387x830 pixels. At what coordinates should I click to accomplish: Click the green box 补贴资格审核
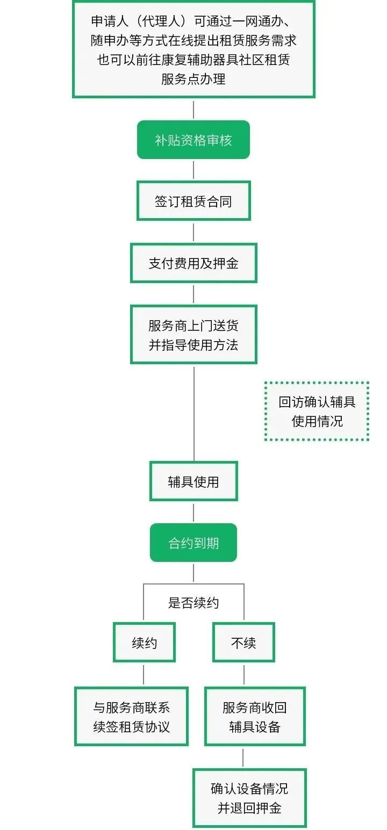(193, 140)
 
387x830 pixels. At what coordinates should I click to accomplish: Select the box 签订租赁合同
(193, 201)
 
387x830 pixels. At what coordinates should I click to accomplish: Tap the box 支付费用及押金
(193, 263)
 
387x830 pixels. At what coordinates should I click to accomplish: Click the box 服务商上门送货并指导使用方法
(193, 335)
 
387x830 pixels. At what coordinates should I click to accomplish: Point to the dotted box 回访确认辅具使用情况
(317, 412)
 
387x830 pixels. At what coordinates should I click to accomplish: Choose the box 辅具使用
(193, 481)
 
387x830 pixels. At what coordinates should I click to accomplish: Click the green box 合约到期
(193, 543)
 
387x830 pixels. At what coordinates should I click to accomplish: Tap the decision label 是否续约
(193, 603)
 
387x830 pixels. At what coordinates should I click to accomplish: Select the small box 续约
(144, 642)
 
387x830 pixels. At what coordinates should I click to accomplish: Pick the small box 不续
(243, 642)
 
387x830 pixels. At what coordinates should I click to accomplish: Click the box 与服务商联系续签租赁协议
(131, 717)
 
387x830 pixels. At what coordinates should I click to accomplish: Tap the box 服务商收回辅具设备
(255, 717)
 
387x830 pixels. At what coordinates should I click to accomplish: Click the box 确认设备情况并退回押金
(249, 798)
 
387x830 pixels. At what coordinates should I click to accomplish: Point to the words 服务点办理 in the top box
(193, 78)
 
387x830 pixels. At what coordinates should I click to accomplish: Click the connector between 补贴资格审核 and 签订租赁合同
(193, 170)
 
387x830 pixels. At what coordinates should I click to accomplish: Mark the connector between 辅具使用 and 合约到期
(193, 513)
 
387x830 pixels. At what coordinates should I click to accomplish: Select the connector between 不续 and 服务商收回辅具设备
(243, 674)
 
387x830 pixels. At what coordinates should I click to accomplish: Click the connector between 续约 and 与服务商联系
(144, 674)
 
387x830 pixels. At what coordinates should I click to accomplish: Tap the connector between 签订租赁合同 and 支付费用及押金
(193, 232)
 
